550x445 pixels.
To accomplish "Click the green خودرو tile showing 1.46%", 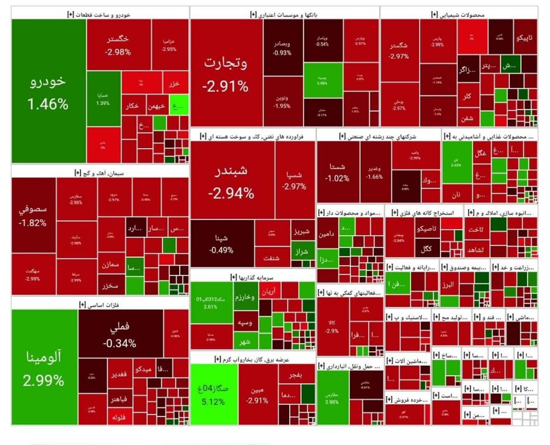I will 48,92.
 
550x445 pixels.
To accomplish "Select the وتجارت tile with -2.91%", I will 226,73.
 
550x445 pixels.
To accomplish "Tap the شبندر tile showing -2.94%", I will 231,181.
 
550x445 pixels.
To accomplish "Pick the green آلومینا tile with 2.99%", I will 44,368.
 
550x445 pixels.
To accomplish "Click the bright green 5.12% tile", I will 214,395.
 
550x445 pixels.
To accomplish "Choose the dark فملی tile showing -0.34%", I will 120,334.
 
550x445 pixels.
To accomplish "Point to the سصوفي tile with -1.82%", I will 33,215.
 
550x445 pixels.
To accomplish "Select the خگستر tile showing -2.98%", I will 118,45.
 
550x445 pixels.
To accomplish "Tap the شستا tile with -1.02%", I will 337,172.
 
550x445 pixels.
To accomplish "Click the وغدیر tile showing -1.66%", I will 375,172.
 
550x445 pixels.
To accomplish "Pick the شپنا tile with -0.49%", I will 222,244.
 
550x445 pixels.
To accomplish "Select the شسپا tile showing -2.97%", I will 294,181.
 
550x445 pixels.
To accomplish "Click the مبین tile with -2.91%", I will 257,395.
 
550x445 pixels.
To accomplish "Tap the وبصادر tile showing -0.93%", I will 282,48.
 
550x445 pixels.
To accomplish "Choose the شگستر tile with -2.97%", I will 399,50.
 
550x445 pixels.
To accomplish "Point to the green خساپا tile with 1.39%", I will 103,99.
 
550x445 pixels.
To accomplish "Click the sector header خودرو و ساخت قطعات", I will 99,15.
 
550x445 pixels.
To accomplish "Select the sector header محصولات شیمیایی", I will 458,15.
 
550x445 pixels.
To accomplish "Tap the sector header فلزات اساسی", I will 99,305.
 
